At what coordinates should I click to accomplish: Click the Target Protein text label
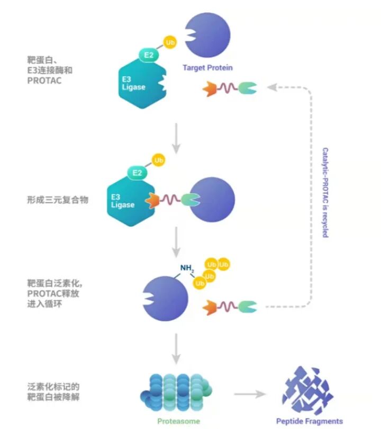point(207,68)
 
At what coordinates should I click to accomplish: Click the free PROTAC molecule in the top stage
point(230,88)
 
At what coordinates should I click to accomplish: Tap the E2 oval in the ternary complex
point(137,173)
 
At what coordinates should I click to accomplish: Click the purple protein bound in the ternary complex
point(212,200)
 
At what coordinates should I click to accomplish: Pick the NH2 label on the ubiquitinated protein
point(187,269)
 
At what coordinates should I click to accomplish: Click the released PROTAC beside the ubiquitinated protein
point(230,307)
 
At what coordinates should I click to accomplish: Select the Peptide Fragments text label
point(309,421)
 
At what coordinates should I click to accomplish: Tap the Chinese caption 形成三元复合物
point(57,200)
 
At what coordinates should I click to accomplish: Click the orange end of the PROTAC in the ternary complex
point(154,200)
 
